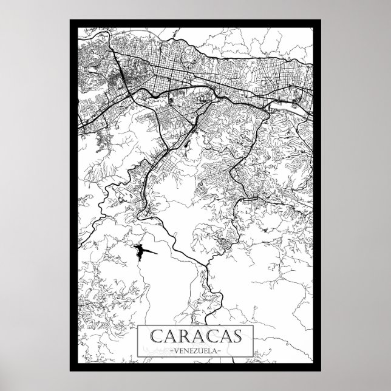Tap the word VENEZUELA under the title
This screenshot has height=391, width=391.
click(195, 350)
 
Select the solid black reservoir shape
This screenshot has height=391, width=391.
click(141, 251)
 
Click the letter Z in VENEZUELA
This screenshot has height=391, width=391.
click(194, 350)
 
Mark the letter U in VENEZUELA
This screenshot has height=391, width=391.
click(199, 350)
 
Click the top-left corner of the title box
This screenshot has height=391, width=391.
click(138, 325)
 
